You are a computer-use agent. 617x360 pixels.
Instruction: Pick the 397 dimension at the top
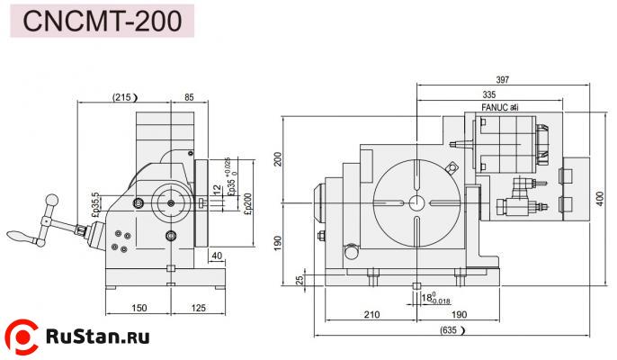(x=502, y=80)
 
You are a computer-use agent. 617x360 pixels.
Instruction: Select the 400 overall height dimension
(x=600, y=197)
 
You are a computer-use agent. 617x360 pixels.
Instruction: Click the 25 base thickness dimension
(x=300, y=280)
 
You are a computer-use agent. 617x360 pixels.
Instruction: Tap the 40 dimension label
(x=217, y=256)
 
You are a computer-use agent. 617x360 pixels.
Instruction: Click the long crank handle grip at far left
(x=20, y=236)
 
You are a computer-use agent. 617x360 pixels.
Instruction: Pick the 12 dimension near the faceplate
(x=217, y=189)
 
